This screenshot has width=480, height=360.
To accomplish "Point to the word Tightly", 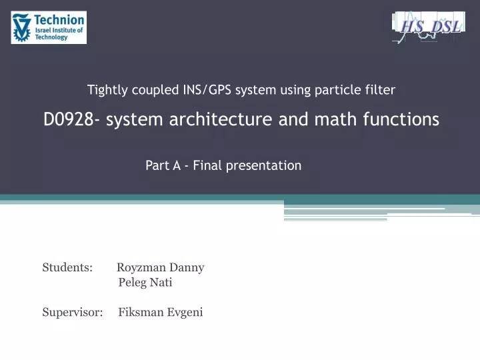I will click(x=107, y=89).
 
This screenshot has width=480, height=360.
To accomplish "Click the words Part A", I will click(x=163, y=165).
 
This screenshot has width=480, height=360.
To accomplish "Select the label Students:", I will click(x=67, y=268).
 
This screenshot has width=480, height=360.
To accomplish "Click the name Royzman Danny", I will click(x=160, y=268).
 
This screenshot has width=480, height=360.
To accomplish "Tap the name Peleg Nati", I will click(x=145, y=283).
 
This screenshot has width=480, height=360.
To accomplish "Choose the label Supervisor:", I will click(x=72, y=312).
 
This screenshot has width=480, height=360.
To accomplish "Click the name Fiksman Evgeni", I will click(x=160, y=312).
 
